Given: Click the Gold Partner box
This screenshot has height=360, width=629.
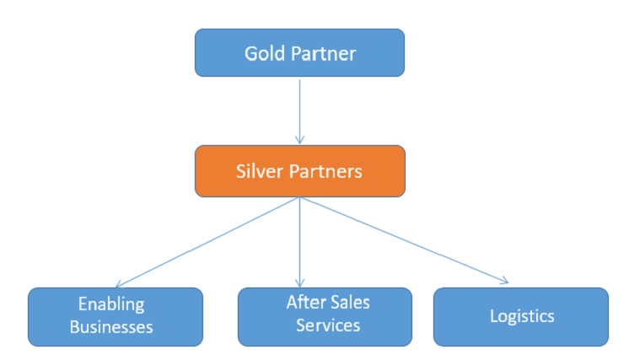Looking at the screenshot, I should tap(300, 53).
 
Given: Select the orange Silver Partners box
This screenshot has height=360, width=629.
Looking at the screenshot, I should tap(300, 171).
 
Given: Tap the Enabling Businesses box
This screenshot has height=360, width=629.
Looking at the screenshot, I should tap(116, 316).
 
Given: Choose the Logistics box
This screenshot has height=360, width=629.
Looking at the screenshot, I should tap(521, 316).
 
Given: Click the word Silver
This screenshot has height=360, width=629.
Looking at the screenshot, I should tap(260, 171).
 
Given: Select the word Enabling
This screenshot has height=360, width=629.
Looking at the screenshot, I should tap(111, 304).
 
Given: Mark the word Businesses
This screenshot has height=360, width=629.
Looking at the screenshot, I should tap(116, 327).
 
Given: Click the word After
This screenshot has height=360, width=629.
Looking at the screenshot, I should tap(300, 302).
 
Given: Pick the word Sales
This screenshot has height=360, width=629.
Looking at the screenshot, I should tap(349, 302).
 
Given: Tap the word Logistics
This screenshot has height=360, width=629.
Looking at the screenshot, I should tap(522, 316).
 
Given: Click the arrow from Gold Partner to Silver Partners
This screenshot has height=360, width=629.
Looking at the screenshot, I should tap(300, 110).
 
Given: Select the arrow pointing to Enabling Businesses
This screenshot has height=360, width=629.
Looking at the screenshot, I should tap(207, 243).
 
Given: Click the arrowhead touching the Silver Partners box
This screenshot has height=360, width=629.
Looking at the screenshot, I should tap(300, 141).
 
